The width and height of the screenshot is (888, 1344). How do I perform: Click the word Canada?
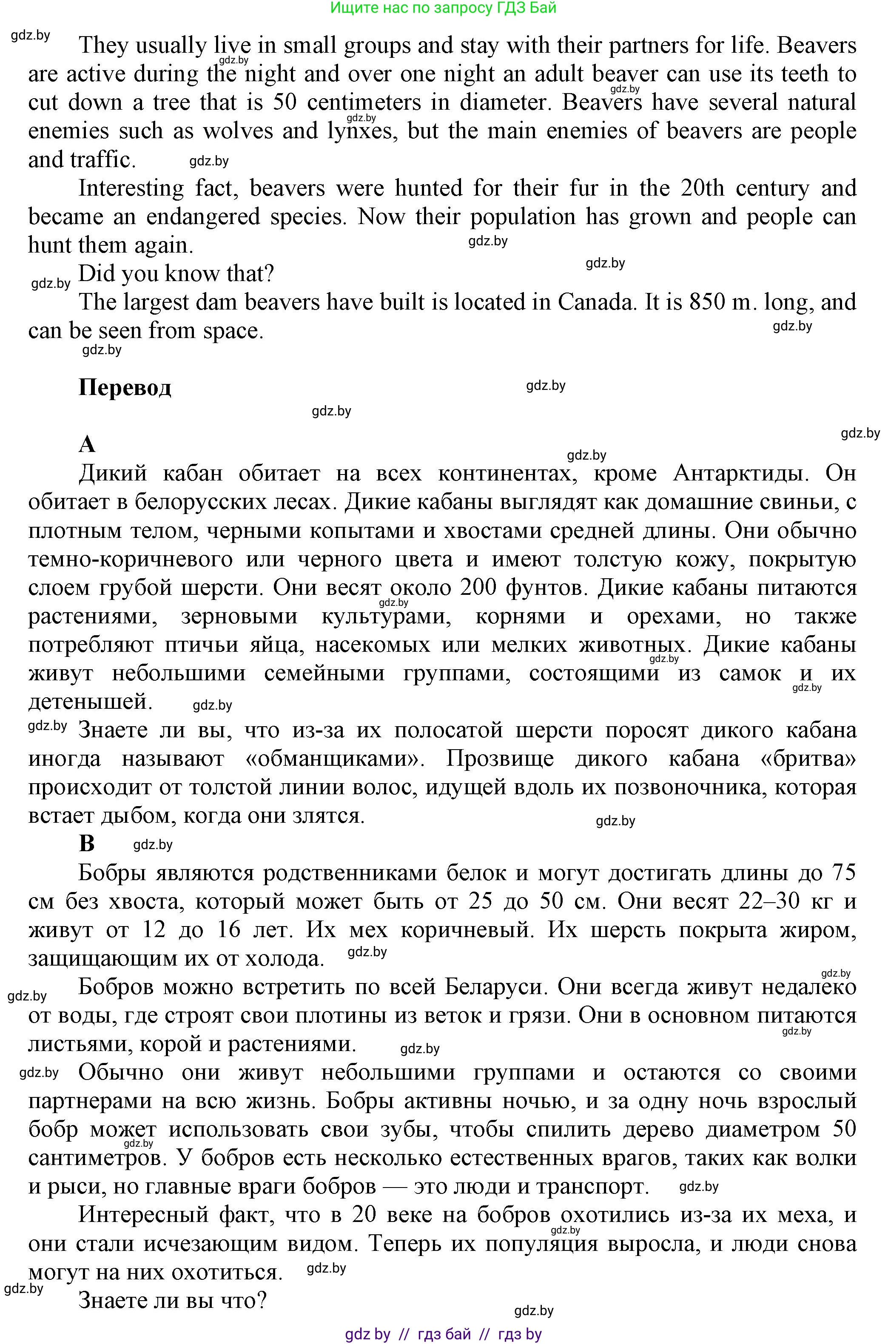[594, 302]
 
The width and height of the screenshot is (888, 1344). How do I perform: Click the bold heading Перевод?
[125, 388]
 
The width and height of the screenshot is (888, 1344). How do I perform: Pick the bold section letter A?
[87, 444]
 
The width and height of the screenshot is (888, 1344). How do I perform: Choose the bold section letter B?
[87, 844]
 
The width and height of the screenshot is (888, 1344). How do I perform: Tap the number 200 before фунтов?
[478, 588]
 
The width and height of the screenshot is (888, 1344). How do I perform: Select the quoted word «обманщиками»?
[336, 759]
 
